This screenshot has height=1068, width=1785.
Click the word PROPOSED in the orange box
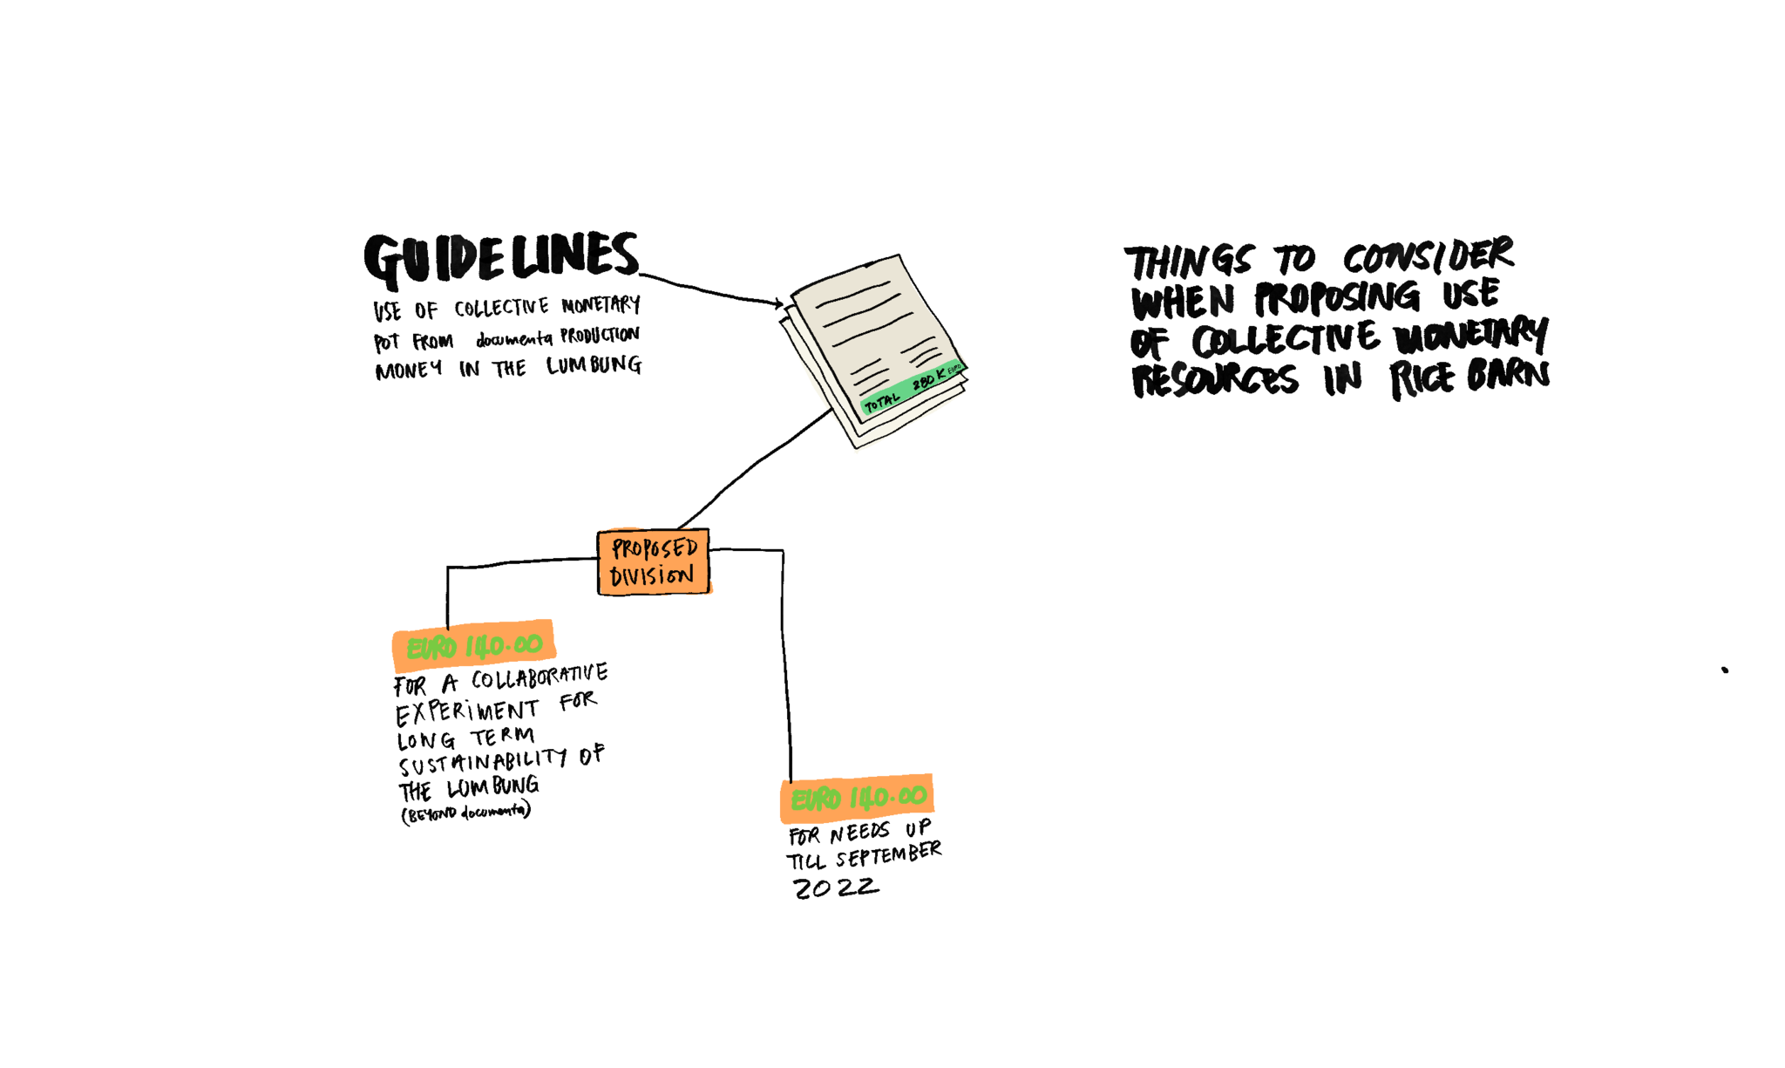(655, 548)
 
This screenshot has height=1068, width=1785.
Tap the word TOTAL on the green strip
(881, 402)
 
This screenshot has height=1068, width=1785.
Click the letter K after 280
(940, 374)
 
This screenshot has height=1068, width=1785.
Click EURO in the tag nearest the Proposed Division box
(431, 648)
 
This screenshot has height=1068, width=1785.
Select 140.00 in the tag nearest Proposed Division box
(504, 645)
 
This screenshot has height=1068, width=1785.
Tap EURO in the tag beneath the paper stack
(816, 799)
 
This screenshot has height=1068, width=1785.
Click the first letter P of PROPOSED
(618, 548)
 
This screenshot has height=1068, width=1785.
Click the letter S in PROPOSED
(669, 548)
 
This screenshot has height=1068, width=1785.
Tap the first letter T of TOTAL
(869, 406)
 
